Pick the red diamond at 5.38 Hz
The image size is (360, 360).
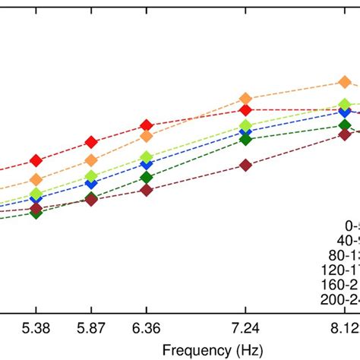(36, 160)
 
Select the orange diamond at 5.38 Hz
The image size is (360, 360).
(36, 180)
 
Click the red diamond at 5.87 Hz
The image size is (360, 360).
(91, 142)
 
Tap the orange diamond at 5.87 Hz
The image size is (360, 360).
(91, 160)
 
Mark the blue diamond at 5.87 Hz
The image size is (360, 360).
(91, 183)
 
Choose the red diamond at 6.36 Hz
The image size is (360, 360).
(146, 125)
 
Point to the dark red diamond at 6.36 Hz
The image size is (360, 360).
(146, 190)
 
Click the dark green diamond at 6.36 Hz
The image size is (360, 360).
(146, 177)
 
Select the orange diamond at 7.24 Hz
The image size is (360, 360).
(245, 98)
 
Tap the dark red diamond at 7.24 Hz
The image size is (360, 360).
(245, 165)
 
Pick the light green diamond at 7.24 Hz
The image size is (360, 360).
(245, 125)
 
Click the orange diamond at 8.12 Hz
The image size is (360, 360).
(344, 82)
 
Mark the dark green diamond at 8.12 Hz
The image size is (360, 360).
(344, 125)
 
